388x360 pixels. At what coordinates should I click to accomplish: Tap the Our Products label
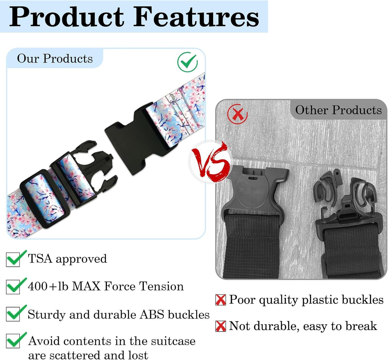point(55,59)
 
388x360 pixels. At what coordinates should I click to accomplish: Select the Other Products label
point(339,110)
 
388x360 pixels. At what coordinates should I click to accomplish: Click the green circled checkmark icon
point(187,62)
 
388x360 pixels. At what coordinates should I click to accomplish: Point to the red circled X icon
point(237,114)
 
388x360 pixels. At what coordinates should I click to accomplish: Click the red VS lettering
point(210,162)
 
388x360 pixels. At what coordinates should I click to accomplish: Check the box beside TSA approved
point(13,260)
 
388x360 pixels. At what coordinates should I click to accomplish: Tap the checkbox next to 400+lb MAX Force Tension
point(13,287)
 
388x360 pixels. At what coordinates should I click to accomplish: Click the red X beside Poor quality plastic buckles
point(221,300)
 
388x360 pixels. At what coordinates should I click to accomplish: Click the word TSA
point(40,258)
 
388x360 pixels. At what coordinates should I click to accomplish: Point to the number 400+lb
point(48,286)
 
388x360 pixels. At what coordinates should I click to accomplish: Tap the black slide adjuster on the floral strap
point(45,198)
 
